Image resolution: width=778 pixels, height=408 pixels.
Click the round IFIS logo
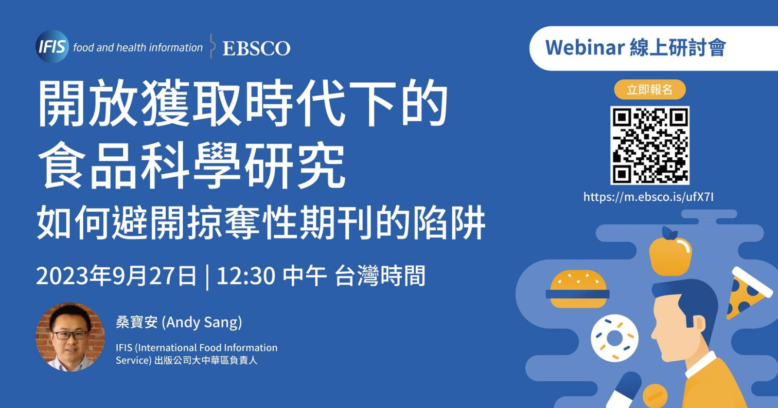point(52,46)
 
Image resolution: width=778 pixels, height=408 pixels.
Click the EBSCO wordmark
point(256,48)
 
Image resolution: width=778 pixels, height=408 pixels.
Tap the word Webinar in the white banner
point(585,48)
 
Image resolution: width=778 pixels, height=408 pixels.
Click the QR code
point(650,146)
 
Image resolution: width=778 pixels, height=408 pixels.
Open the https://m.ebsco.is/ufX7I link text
point(649,197)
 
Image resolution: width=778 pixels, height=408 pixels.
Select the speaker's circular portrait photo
point(70,337)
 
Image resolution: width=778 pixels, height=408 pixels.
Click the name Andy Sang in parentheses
point(202,322)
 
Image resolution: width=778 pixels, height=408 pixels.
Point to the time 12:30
point(246,276)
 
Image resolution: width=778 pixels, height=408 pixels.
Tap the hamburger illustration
point(577,289)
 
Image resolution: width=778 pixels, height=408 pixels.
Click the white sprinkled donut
point(615,338)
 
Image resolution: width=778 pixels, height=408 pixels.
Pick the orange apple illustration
point(671,255)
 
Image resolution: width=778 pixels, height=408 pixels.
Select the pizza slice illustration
point(747,292)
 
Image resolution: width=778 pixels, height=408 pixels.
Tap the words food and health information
point(138,47)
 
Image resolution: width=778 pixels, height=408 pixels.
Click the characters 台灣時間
point(380,276)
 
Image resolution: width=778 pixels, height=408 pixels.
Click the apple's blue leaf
point(670,234)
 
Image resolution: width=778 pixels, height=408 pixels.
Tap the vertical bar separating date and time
point(207,277)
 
